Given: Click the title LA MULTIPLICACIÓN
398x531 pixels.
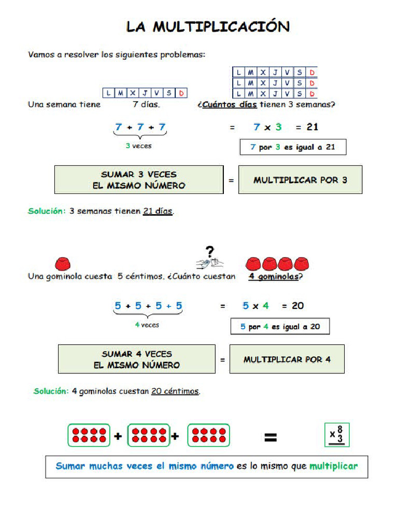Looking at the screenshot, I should (208, 27).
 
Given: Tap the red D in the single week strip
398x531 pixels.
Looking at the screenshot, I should (181, 93).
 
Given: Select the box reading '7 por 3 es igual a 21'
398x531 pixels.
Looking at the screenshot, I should (293, 147).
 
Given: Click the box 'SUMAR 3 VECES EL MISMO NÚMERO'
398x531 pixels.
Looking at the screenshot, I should (139, 180).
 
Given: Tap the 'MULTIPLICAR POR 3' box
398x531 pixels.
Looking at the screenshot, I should (300, 180).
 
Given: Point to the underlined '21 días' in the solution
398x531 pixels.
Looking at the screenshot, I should (158, 212).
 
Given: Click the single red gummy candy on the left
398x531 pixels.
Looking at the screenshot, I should (62, 263).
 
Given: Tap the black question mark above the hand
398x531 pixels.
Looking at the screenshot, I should (209, 253).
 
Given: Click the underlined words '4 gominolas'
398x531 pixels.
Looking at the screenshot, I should (274, 276).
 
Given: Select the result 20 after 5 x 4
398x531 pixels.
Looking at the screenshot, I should (297, 306).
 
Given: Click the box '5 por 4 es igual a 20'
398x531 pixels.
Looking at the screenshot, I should (280, 327).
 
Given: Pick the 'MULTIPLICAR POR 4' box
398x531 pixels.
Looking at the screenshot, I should (287, 359).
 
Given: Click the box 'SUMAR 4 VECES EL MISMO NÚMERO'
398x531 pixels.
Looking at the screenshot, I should (137, 359).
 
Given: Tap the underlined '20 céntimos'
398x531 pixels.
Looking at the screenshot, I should (175, 392).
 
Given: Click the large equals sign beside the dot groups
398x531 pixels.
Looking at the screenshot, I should (270, 438).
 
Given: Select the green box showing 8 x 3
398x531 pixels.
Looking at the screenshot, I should (337, 435).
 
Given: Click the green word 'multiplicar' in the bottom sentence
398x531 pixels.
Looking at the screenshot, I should (333, 466).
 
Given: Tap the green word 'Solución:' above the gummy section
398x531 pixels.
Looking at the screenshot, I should (47, 212).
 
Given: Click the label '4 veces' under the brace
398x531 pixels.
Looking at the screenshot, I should (147, 325).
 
